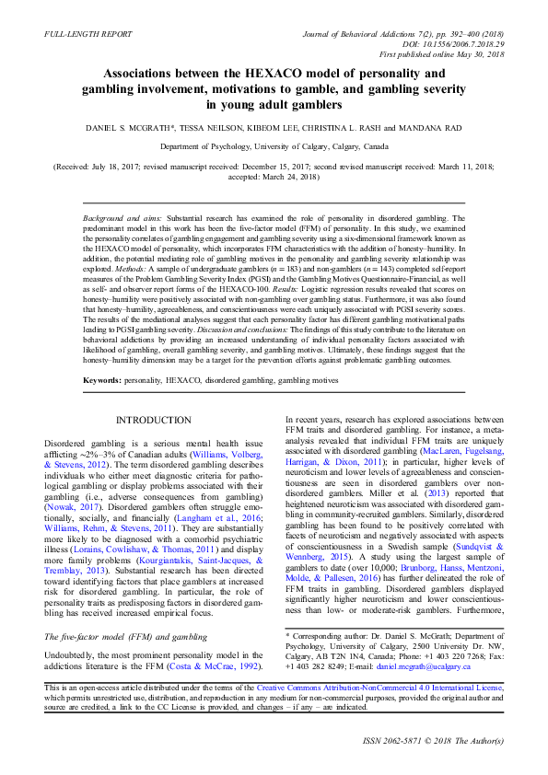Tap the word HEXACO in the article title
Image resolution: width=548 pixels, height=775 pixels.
click(272, 73)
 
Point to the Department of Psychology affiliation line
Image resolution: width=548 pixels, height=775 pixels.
click(274, 146)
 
